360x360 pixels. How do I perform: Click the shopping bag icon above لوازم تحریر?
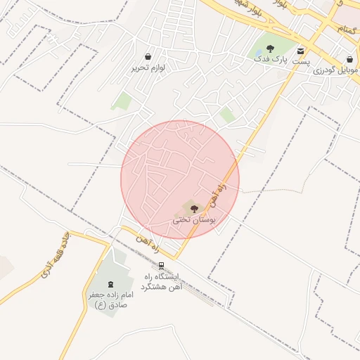tap(148, 56)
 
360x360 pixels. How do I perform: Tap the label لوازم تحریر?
tap(147, 68)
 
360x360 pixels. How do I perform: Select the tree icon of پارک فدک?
tap(271, 49)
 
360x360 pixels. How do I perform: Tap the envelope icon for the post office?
tap(301, 51)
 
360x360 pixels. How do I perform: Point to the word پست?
tap(301, 63)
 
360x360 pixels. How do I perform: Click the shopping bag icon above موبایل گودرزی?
tap(350, 58)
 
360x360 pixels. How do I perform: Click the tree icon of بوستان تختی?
tap(193, 207)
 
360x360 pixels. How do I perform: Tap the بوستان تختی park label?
tap(193, 219)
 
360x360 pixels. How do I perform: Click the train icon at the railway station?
tap(162, 266)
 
